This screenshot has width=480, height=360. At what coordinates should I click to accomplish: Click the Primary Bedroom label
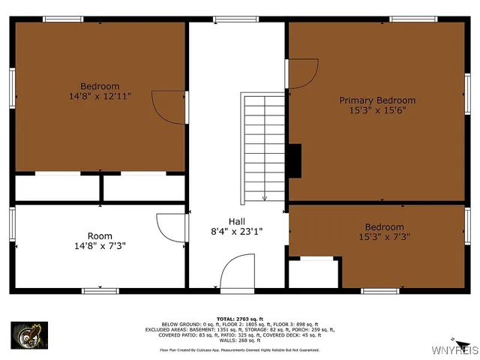[x=377, y=100]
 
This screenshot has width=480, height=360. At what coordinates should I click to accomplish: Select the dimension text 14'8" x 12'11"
[x=100, y=97]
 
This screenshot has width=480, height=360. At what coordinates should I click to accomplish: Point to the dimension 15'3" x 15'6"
[x=377, y=111]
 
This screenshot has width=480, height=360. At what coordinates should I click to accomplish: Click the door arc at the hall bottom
[x=238, y=271]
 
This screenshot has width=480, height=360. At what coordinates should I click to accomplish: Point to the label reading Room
[x=100, y=235]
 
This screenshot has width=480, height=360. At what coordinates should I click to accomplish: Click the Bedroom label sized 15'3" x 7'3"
[x=384, y=227]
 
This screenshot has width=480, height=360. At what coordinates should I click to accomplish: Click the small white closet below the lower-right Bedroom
[x=313, y=274]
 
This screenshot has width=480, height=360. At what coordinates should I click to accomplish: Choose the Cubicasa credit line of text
[x=239, y=349]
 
